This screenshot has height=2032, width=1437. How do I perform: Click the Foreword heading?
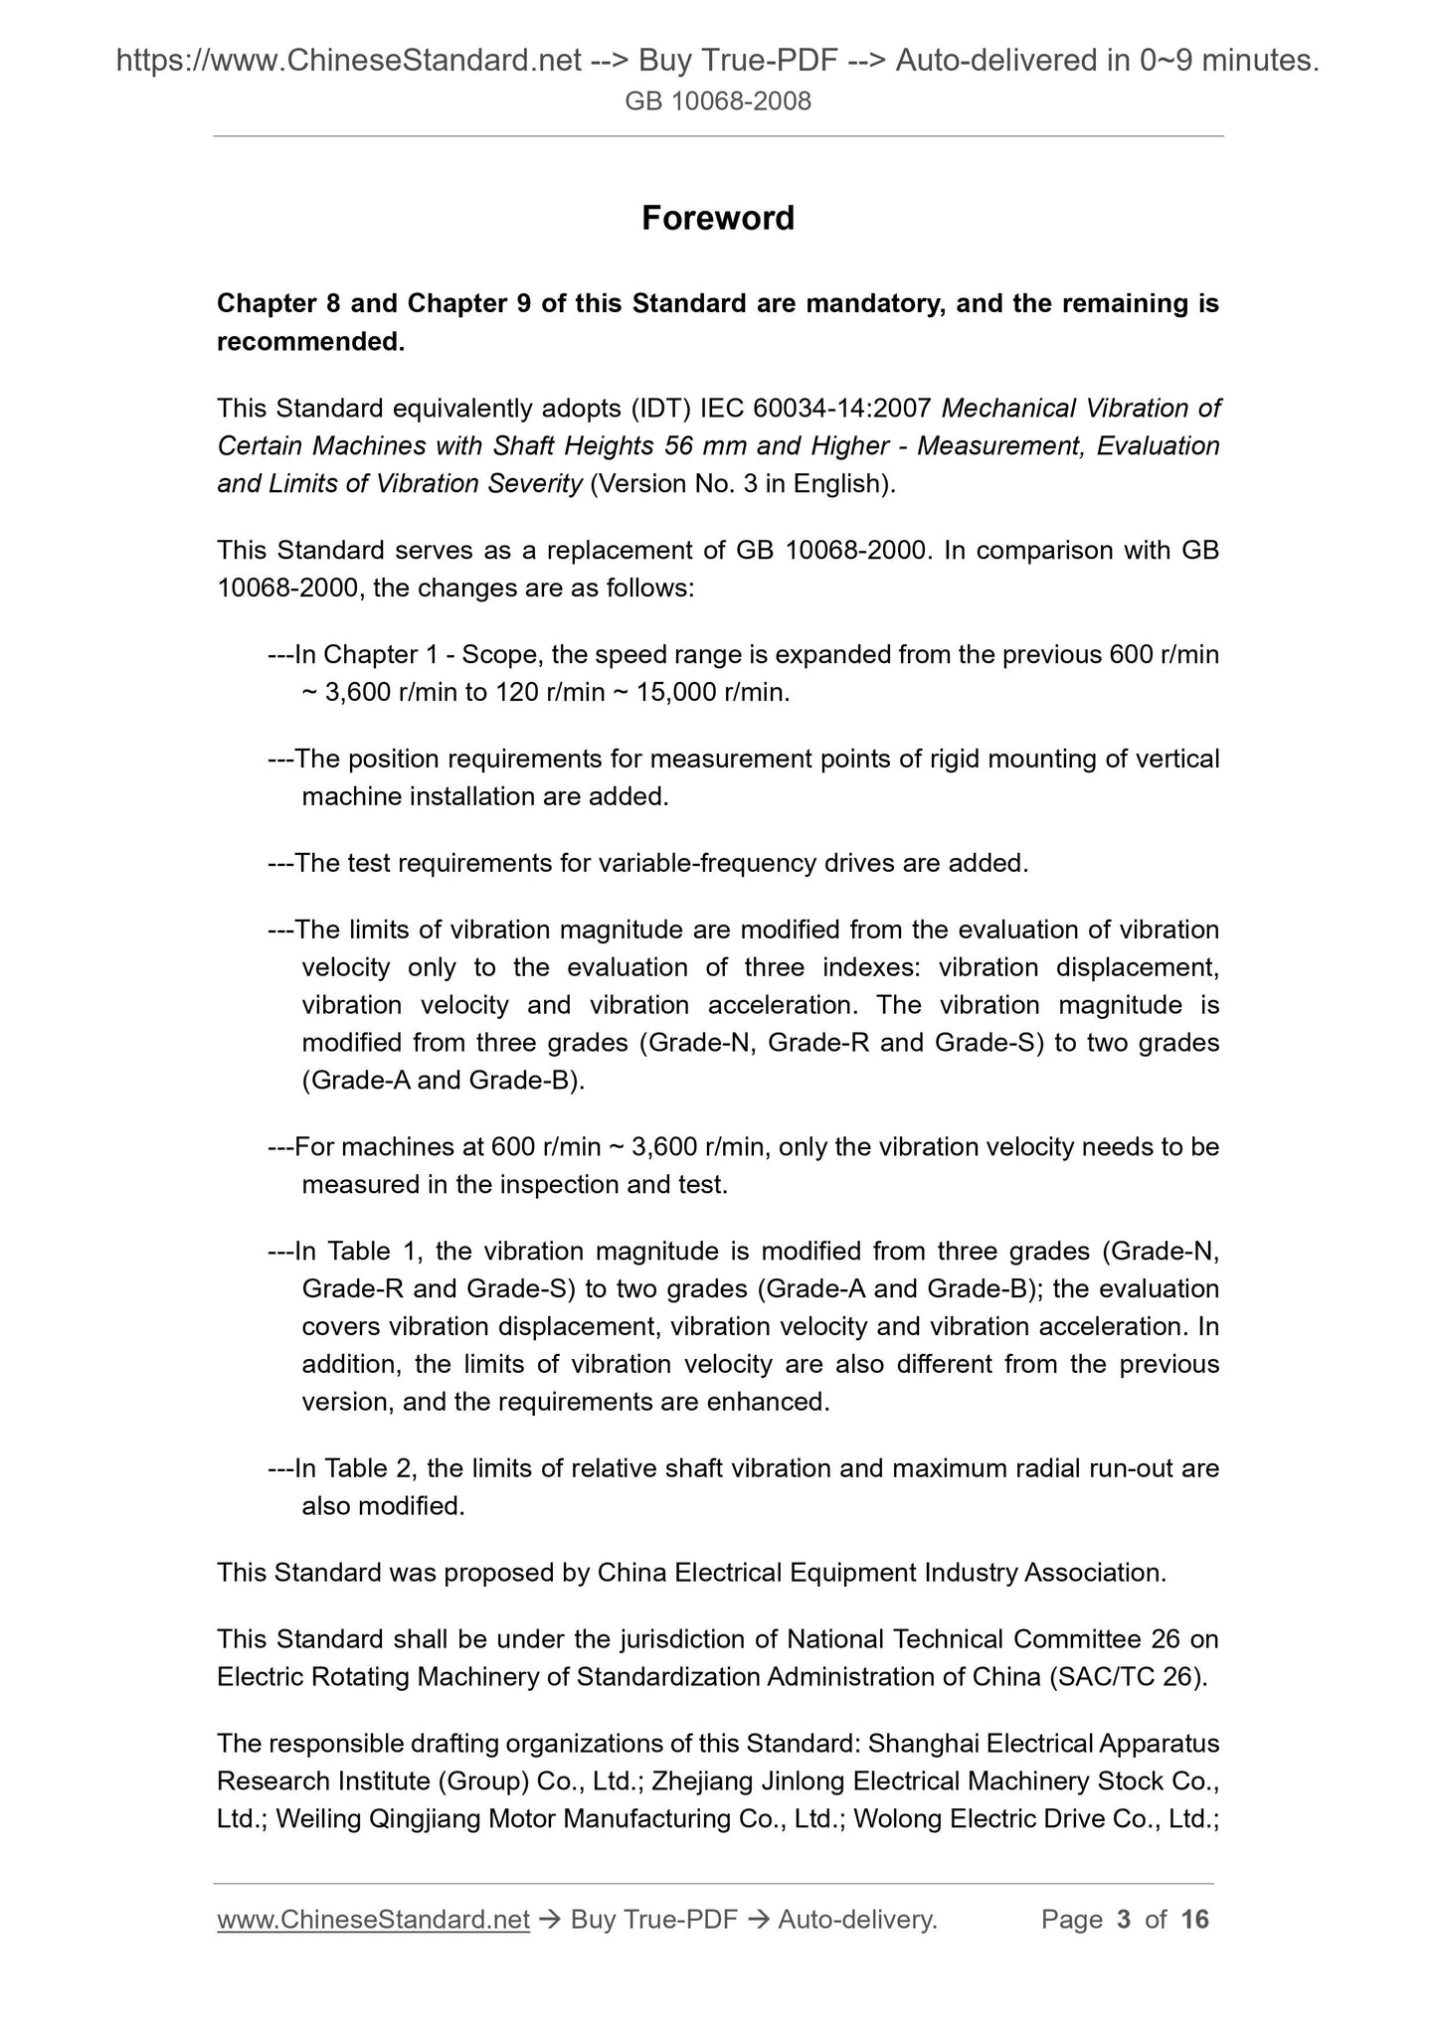coord(717,219)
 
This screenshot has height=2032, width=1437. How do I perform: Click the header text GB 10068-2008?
coord(718,100)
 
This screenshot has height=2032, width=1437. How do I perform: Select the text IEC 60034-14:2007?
coord(815,409)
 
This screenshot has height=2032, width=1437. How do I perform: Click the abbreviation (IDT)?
coord(659,409)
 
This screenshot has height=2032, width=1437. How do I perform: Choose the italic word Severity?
coord(535,484)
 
